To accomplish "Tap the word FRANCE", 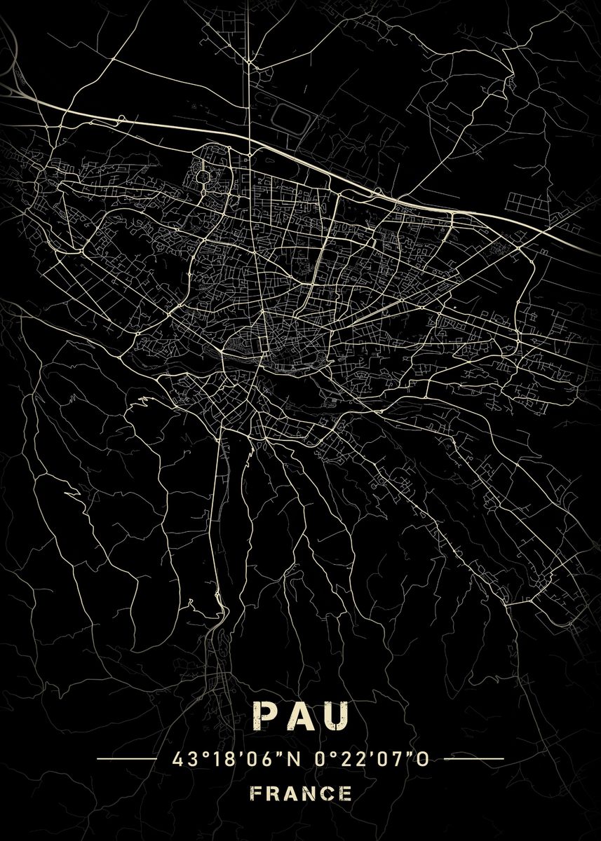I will (300, 793).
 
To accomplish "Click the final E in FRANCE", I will (346, 793).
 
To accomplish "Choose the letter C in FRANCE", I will (327, 793).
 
